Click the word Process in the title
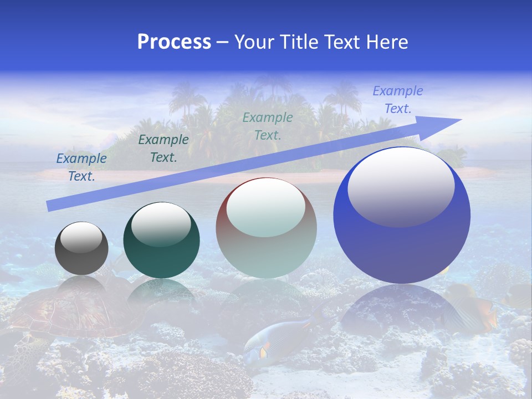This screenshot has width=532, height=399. (x=174, y=42)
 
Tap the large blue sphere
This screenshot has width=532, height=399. (x=402, y=244)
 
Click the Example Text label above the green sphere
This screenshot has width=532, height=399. (x=163, y=149)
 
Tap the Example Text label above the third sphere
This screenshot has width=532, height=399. (x=268, y=126)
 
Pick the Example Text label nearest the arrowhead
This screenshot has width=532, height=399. (x=397, y=100)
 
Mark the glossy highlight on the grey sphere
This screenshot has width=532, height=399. (x=81, y=237)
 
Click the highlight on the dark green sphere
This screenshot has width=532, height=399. (x=161, y=224)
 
